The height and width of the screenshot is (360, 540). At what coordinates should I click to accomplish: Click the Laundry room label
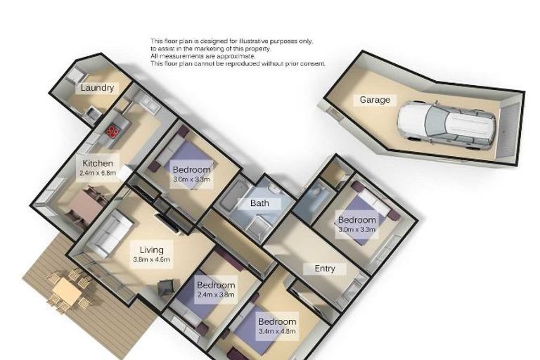(x=97, y=88)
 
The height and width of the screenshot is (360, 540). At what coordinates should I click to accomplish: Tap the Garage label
(x=375, y=100)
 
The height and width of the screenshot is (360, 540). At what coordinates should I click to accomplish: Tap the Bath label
(x=260, y=204)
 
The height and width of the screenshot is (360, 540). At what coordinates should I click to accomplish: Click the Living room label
(x=152, y=250)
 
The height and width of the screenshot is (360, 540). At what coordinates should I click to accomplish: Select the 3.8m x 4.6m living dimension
(x=152, y=259)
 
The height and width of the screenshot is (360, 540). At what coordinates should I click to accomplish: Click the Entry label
(x=325, y=269)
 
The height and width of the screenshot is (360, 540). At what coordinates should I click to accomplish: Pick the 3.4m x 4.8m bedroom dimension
(x=277, y=330)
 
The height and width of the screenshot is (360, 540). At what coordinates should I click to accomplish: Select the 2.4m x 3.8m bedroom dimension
(x=216, y=295)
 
